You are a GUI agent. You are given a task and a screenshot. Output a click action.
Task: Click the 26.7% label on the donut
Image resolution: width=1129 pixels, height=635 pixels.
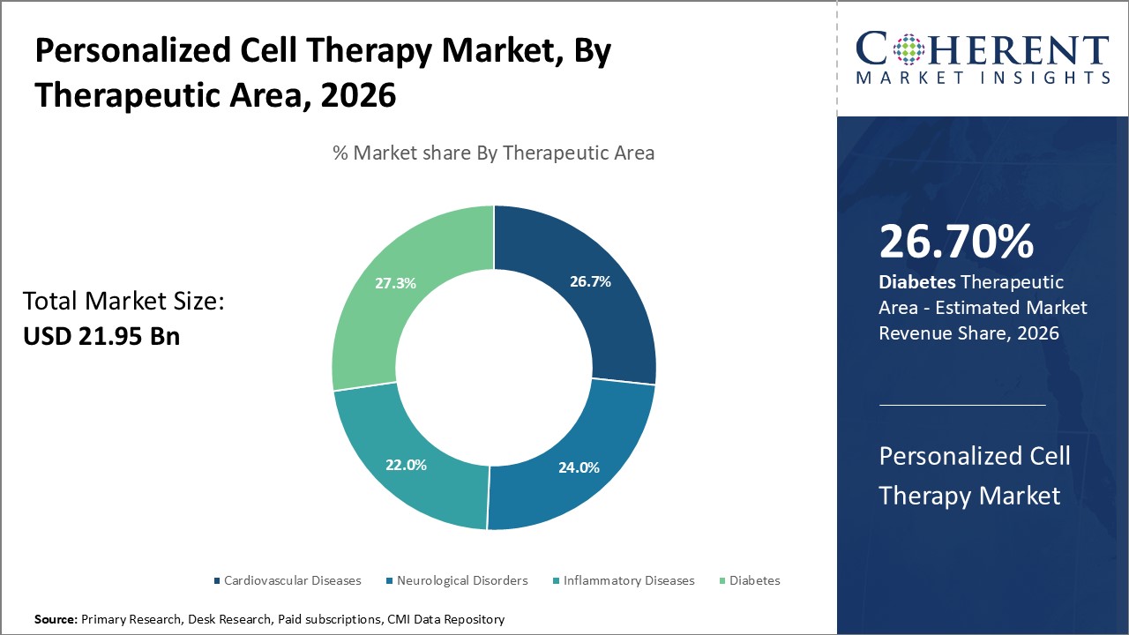pyautogui.click(x=590, y=281)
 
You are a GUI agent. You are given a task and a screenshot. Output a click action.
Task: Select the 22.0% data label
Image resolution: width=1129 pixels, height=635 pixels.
pyautogui.click(x=406, y=465)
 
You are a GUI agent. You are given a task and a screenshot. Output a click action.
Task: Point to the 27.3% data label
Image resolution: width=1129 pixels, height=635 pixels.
pyautogui.click(x=395, y=284)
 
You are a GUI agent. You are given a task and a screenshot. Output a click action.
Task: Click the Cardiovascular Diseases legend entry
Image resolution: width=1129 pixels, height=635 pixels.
pyautogui.click(x=288, y=580)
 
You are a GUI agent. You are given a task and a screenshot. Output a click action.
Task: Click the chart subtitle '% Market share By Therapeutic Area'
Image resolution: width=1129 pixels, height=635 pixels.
pyautogui.click(x=493, y=153)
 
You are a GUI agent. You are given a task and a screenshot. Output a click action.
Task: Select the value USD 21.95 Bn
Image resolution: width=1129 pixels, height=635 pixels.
pyautogui.click(x=101, y=336)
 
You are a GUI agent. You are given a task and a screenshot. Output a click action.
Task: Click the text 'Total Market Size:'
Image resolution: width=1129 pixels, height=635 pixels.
pyautogui.click(x=123, y=302)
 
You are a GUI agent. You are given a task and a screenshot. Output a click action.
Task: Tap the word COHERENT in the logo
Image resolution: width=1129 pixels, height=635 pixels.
pyautogui.click(x=981, y=49)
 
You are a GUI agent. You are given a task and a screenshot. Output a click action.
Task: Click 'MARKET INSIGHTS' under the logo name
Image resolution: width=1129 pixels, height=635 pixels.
pyautogui.click(x=983, y=78)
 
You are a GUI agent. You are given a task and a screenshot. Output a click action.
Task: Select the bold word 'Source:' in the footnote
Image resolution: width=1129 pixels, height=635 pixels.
pyautogui.click(x=56, y=620)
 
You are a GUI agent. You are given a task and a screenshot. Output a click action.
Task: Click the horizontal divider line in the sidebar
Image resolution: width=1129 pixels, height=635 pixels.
pyautogui.click(x=962, y=405)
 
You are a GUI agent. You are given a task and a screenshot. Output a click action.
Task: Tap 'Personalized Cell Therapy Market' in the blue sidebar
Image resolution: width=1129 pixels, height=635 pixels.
pyautogui.click(x=974, y=475)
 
